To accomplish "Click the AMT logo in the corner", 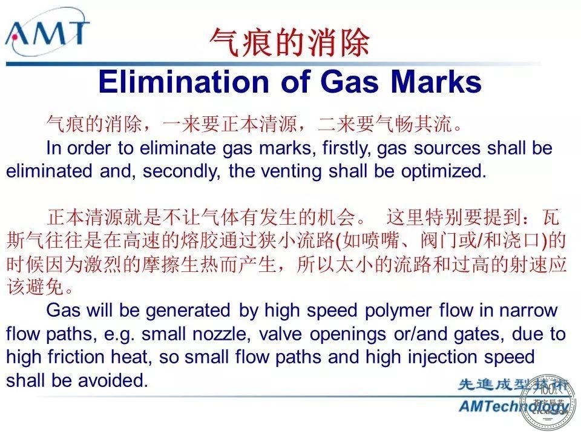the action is [47, 33].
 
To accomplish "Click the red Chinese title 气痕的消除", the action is [290, 42].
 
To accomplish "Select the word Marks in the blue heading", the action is [436, 82].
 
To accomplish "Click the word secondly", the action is [182, 171].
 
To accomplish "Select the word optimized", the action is [444, 171].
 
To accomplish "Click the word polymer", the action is [398, 311].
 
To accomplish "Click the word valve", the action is [280, 334].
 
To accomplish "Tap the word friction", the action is [76, 357].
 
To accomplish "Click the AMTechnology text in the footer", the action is [513, 406].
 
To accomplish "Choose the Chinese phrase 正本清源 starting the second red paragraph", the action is [85, 217].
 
